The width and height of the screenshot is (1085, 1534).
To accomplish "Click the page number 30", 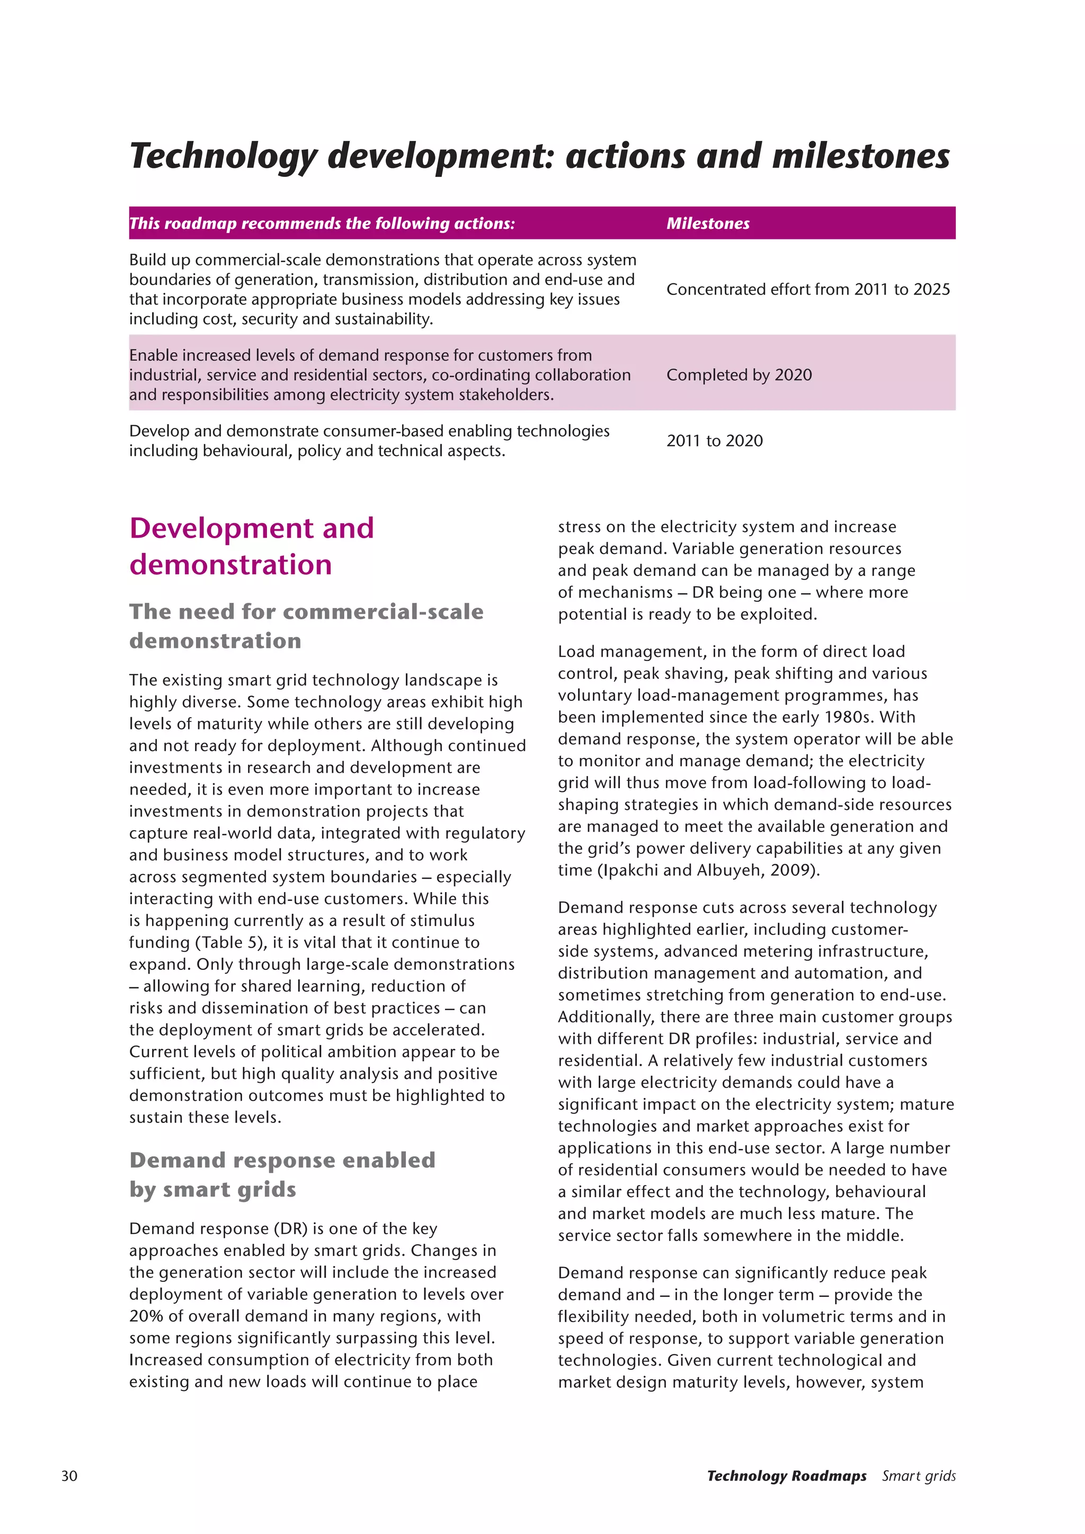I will tap(69, 1476).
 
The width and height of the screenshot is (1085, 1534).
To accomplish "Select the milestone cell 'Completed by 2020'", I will tap(739, 375).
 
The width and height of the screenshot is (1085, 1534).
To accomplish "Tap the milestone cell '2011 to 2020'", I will tap(714, 441).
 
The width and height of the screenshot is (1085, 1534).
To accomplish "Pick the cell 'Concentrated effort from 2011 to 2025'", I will tap(808, 289).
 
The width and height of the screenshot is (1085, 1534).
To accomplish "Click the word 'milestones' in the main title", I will tap(860, 156).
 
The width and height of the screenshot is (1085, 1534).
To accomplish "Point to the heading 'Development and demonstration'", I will tap(251, 546).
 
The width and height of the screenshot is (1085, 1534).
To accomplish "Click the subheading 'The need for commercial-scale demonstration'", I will tap(306, 626).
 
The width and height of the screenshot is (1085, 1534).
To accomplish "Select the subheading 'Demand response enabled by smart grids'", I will tap(282, 1174).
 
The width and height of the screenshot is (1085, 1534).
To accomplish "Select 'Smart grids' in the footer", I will tap(918, 1476).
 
